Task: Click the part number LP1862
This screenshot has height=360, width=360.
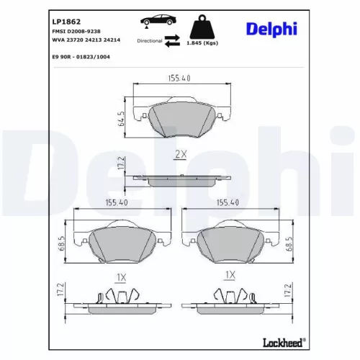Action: [x=66, y=22]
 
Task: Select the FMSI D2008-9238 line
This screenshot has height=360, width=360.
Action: [x=76, y=32]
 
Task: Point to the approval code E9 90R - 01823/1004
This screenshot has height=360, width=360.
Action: [x=81, y=57]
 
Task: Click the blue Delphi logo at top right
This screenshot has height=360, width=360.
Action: [x=271, y=29]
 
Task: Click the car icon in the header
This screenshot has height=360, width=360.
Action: [x=158, y=20]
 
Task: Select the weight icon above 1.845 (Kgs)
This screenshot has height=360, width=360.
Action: [x=202, y=27]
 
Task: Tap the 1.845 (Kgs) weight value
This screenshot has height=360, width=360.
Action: [x=202, y=43]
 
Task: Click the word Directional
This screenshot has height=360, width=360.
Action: [x=150, y=41]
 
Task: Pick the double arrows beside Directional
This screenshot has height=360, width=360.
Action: [x=173, y=40]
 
